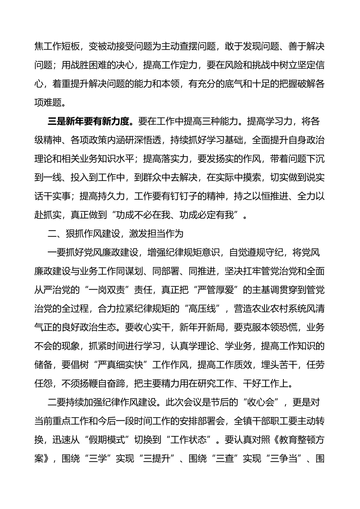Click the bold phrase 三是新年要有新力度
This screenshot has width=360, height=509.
(91, 122)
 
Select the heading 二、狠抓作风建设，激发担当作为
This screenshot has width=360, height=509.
(116, 233)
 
